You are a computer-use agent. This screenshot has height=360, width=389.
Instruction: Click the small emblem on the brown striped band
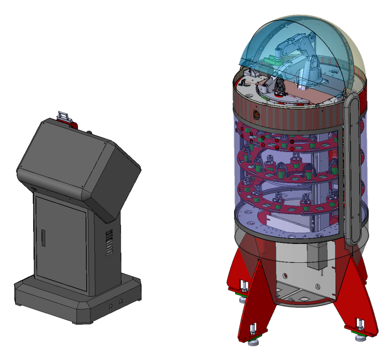(x=257, y=115)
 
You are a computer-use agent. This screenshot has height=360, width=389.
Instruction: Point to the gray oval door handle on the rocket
(x=354, y=165)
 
